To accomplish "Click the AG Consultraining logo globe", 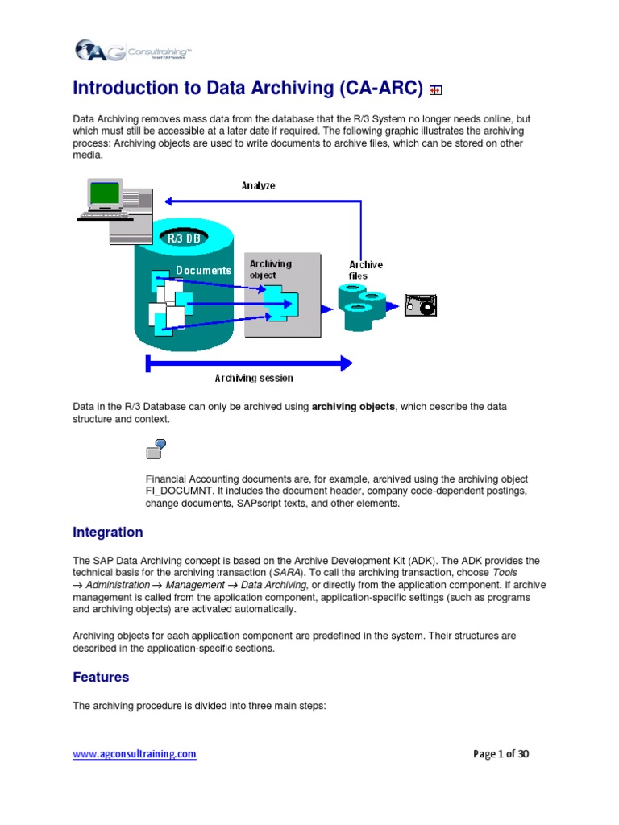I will click(85, 51).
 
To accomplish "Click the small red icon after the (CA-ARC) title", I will click(435, 90).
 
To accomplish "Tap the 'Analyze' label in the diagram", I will click(258, 185).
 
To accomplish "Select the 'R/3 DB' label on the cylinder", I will click(184, 238).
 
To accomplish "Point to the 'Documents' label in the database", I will click(204, 271).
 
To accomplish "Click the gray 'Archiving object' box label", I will click(270, 269).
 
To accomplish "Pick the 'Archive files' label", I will click(365, 270).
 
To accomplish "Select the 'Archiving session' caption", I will click(254, 378).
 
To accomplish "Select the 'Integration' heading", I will click(108, 533).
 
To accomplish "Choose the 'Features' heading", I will click(101, 678).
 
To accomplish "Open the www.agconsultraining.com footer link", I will click(135, 754).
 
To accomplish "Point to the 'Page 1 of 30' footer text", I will click(501, 754).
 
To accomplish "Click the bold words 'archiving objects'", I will click(353, 407).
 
